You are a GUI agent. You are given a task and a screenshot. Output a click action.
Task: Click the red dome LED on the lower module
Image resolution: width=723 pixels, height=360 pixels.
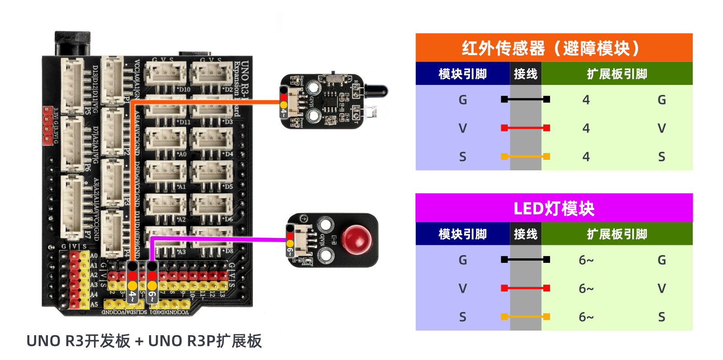coord(356,239)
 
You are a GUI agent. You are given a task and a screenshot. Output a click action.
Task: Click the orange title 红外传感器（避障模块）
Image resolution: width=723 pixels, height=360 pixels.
coord(554,48)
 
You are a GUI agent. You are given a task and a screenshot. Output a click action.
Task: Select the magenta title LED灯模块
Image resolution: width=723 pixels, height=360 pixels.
coord(554,208)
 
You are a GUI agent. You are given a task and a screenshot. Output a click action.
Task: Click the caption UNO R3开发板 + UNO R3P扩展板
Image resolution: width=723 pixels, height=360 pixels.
coord(144,341)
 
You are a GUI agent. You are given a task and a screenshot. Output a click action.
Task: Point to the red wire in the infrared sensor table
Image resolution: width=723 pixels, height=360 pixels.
coord(525,128)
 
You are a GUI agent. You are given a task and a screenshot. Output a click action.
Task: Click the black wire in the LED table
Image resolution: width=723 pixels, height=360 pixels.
coord(525,259)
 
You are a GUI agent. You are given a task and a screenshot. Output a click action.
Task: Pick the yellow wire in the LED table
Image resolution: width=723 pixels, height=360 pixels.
coord(525,317)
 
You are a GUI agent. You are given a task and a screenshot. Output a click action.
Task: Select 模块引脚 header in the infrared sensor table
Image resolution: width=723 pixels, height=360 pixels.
coord(462,74)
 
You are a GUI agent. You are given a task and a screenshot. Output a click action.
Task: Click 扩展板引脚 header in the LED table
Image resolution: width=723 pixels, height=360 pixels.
coord(617,234)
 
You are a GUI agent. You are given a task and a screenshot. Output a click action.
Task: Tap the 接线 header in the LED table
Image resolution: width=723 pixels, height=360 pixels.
coord(525,234)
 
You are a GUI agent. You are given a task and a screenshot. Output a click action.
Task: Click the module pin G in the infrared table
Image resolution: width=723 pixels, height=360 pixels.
coord(462,100)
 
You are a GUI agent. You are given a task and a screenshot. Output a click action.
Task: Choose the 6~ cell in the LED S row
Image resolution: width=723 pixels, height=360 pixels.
coord(586,317)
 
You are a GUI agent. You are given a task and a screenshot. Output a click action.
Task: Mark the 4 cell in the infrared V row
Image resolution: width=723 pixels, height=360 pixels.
coord(586,128)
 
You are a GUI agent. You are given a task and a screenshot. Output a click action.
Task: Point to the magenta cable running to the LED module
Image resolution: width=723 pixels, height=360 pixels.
coord(217,238)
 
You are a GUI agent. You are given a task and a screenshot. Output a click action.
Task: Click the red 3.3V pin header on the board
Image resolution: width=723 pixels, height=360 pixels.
coord(47,126)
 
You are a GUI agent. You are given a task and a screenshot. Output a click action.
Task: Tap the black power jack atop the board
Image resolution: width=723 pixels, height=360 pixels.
coord(72,43)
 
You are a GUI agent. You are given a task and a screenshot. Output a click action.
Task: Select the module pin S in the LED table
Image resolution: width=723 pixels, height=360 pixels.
coord(462,317)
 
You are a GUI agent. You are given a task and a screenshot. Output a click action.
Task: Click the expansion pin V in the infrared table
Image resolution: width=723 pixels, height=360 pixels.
coord(662,128)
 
